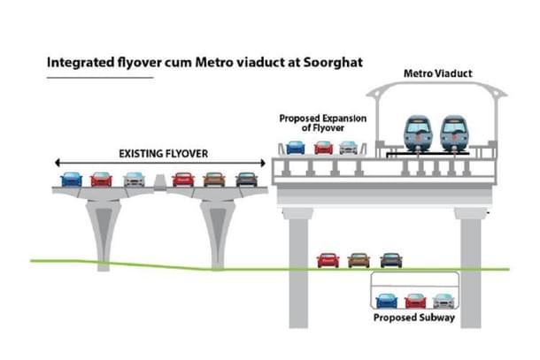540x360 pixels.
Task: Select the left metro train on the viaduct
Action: pos(417,134)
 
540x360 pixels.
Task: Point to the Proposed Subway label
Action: pos(413,318)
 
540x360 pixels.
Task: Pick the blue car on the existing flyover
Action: pos(71,179)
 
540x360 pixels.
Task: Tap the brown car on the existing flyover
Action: pos(214,179)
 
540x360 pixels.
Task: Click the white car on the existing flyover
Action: pos(134,179)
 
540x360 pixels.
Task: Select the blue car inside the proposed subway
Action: pos(386,301)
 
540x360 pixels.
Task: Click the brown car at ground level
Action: pos(359,260)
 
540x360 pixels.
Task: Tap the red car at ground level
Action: pos(328,260)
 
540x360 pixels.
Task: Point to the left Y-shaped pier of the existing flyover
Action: pos(103,226)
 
